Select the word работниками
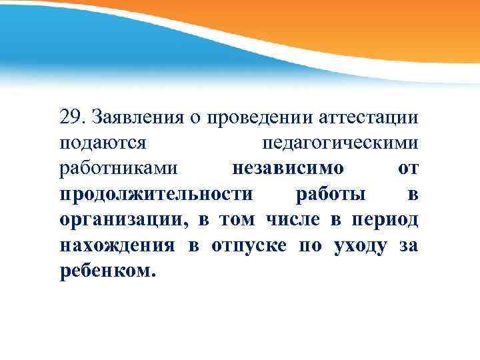coord(119,169)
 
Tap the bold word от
coord(408,169)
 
